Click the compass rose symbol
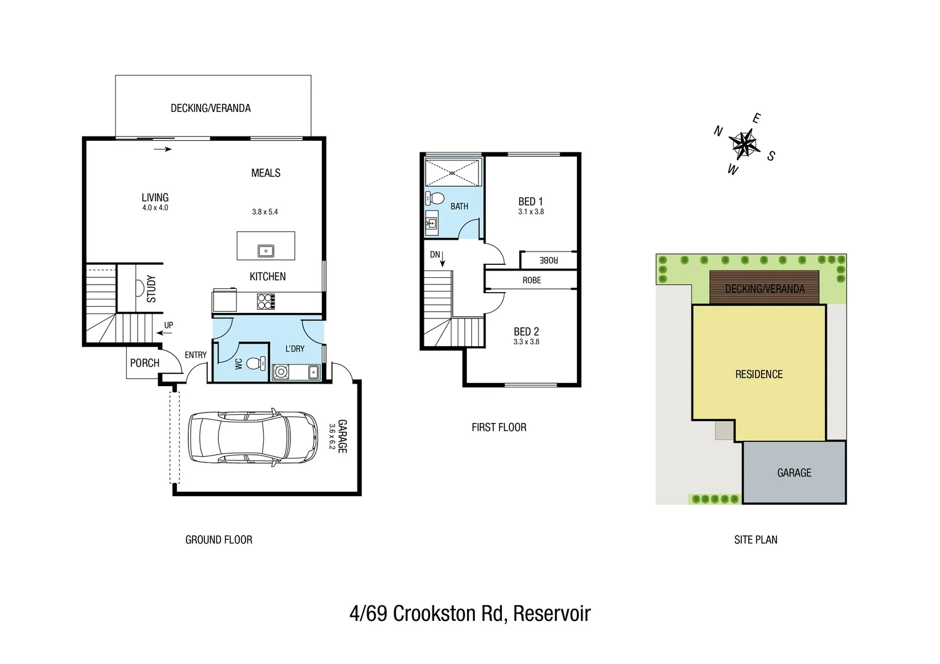pos(744,144)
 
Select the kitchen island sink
pos(266,251)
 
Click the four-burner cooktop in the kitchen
pos(266,301)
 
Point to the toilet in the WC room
pos(253,363)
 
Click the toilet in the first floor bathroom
pos(436,199)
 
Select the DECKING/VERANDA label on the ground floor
pos(210,108)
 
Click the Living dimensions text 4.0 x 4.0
pos(155,208)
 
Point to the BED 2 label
pos(526,331)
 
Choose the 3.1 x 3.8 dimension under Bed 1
pos(530,211)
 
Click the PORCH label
pos(145,363)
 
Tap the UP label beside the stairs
pos(169,325)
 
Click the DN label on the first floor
pos(435,255)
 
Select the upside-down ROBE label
pos(548,260)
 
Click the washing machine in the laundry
pos(281,371)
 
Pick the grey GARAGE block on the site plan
pos(794,472)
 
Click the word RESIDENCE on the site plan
pos(759,374)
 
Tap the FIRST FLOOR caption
pos(499,427)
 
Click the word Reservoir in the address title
pos(552,614)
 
